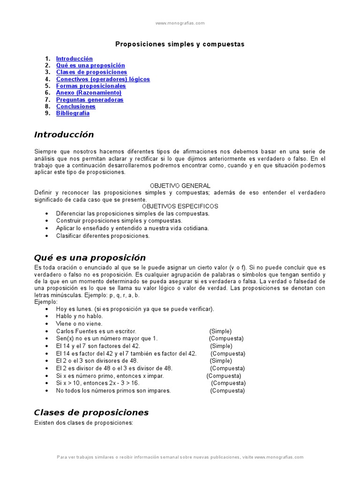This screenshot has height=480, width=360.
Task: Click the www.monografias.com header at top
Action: (180, 23)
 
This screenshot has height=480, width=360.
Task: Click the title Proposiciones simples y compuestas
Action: (180, 44)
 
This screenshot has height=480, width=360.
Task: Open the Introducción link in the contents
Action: (74, 59)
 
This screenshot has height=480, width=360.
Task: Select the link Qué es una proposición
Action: (90, 66)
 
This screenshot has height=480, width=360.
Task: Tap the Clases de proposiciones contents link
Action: (91, 72)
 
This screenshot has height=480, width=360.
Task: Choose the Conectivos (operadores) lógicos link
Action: (103, 79)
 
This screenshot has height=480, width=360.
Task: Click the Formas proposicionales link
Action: (91, 86)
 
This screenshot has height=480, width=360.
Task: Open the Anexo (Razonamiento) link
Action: (89, 93)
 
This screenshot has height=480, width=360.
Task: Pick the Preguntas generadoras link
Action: (90, 100)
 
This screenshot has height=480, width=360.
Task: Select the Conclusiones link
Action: (75, 106)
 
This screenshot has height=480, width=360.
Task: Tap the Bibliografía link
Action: (73, 113)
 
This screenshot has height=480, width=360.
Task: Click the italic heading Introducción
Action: (64, 135)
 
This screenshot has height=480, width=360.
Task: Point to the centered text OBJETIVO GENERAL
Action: (180, 186)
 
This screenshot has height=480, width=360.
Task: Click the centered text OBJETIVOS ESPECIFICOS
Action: (180, 206)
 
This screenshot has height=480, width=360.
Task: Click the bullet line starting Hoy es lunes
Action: (135, 309)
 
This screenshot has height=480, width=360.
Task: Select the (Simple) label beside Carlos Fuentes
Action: (220, 331)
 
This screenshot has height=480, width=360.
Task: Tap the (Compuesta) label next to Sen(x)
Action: (226, 338)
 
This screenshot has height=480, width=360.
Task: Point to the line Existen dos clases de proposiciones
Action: (84, 423)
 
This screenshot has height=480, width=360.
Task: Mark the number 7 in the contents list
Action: (47, 100)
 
